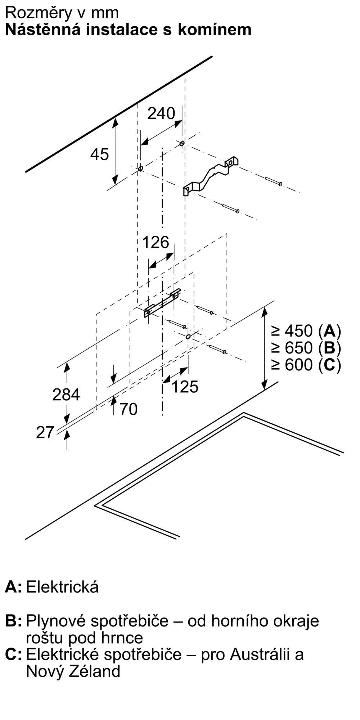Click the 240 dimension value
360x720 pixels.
pos(161,113)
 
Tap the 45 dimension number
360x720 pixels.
pos(99,154)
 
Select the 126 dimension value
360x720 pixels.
pos(156,242)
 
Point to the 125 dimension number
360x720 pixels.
pos(185,387)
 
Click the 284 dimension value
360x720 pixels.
pos(66,395)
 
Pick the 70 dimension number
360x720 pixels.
pos(129,409)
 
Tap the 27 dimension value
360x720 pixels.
pos(45,432)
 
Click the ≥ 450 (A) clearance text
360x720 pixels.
pos(306,330)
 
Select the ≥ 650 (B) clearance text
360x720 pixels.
pos(306,348)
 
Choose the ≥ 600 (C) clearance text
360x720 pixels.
pos(306,365)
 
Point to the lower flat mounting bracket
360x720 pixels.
pos(163,303)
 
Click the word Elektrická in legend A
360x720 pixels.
pos(62,587)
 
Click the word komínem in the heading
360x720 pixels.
pos(215,30)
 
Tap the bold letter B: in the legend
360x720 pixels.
pos(13,621)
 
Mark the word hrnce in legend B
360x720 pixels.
pos(124,638)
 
